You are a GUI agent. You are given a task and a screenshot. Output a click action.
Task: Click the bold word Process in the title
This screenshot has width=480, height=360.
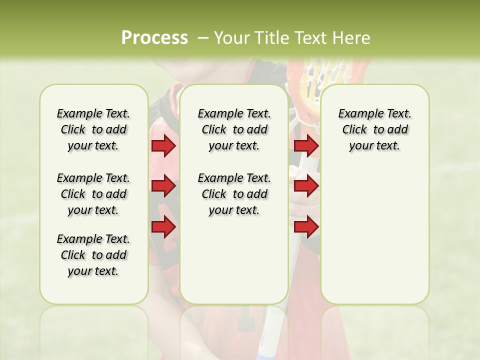[154, 38]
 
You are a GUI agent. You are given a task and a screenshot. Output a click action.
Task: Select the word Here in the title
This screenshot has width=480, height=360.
[352, 38]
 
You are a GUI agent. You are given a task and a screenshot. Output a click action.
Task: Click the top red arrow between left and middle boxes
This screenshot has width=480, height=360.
[163, 146]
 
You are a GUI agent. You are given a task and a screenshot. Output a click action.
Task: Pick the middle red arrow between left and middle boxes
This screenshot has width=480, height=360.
[163, 186]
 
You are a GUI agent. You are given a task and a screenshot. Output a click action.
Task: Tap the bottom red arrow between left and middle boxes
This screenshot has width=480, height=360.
[163, 227]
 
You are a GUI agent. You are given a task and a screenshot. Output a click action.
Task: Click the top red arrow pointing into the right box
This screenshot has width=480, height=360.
[306, 146]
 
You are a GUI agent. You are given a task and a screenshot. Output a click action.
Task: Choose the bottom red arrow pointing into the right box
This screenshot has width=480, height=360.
[306, 227]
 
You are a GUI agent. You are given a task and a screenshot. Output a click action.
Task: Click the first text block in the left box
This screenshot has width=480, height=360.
[93, 129]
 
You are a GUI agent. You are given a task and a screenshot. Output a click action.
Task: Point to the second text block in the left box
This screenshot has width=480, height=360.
[93, 194]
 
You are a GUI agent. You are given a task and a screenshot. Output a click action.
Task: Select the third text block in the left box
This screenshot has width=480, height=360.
[93, 255]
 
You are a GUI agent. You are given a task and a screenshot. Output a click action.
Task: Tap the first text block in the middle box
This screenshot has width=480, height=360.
[234, 129]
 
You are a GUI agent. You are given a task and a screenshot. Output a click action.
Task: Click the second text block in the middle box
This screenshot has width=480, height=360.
[234, 194]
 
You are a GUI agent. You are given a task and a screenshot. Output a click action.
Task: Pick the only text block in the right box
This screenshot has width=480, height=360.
[374, 129]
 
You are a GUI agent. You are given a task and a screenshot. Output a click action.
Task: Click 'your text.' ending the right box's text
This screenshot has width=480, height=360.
[374, 146]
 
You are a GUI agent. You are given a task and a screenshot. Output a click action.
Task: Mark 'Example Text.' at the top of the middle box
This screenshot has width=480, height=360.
[234, 113]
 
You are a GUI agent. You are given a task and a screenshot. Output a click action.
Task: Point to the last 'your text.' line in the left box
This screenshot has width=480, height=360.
[93, 271]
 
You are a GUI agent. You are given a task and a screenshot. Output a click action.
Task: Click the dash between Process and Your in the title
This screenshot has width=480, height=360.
[203, 38]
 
